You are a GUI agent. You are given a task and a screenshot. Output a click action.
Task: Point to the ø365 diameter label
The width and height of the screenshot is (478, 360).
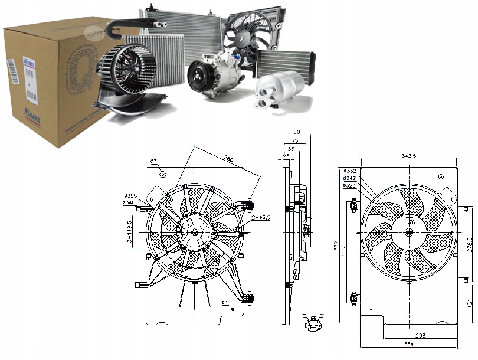click(x=130, y=195)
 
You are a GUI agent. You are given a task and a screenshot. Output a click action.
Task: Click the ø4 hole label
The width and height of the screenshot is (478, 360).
click(x=225, y=303)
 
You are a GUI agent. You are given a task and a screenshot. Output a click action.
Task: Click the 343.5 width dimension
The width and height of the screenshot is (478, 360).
click(x=408, y=156)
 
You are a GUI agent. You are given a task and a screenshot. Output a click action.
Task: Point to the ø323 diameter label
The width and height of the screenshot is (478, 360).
click(x=349, y=185)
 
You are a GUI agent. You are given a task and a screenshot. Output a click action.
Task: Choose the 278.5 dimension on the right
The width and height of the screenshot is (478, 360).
click(x=470, y=244)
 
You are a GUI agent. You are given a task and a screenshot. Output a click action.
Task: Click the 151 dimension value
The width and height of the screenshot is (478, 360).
click(x=470, y=303)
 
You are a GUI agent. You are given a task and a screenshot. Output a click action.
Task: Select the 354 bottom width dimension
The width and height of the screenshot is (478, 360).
click(x=407, y=343)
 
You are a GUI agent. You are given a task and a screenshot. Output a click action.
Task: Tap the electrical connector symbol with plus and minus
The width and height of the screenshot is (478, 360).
click(x=313, y=323)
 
